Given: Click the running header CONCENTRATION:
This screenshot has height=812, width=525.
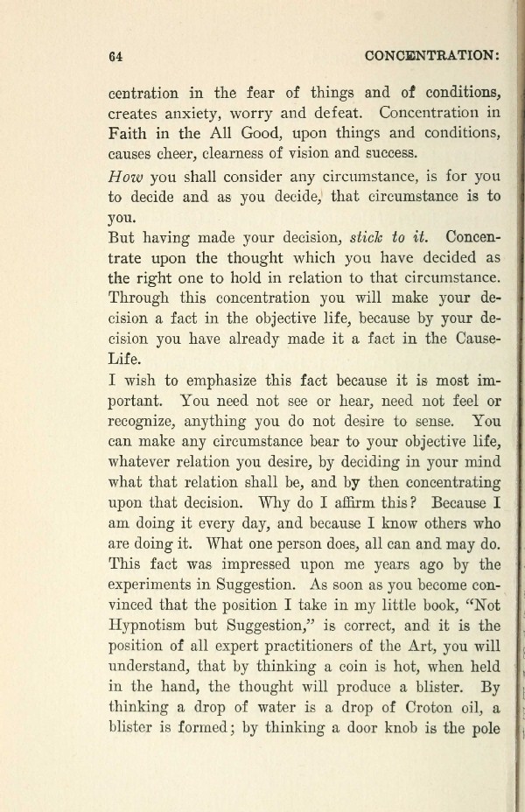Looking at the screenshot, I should [x=431, y=54].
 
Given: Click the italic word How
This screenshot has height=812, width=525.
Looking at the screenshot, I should [x=125, y=175].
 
